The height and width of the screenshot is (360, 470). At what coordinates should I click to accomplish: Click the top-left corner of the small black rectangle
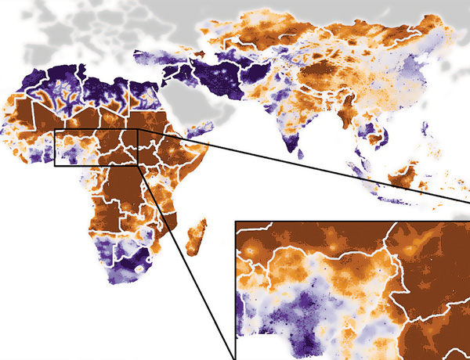pyautogui.click(x=54, y=129)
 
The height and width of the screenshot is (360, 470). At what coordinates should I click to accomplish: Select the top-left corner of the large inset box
pyautogui.click(x=236, y=221)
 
